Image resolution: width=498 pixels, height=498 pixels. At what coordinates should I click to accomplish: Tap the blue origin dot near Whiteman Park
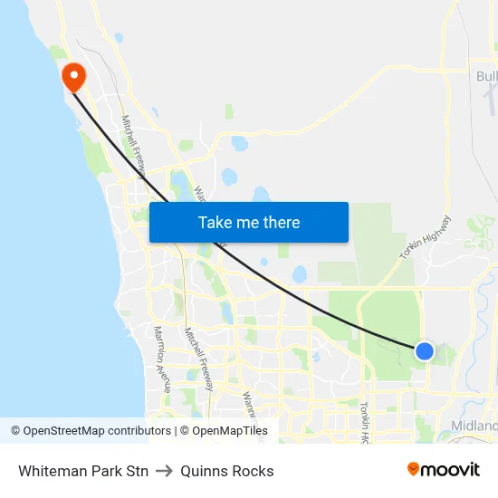click(424, 350)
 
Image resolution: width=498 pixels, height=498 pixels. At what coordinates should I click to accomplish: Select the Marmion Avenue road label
click(162, 357)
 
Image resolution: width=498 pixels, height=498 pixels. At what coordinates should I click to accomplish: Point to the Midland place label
click(474, 426)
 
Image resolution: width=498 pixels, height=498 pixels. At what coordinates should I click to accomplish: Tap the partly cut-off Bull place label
click(486, 76)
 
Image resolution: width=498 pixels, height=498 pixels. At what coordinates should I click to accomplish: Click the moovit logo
click(444, 470)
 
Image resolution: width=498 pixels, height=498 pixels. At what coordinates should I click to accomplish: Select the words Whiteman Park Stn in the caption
click(83, 471)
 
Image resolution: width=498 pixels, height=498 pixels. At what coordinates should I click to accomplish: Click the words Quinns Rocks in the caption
click(226, 471)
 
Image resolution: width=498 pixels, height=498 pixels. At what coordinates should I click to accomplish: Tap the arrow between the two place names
click(164, 471)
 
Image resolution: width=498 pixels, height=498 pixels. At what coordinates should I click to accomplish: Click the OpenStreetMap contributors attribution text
click(91, 431)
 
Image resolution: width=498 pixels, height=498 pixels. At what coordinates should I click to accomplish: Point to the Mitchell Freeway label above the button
click(133, 145)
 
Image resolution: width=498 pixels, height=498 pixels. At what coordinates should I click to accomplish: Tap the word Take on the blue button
click(215, 223)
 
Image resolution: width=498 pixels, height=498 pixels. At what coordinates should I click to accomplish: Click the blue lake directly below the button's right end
click(300, 273)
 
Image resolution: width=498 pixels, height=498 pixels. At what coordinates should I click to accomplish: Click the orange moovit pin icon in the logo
click(414, 469)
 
